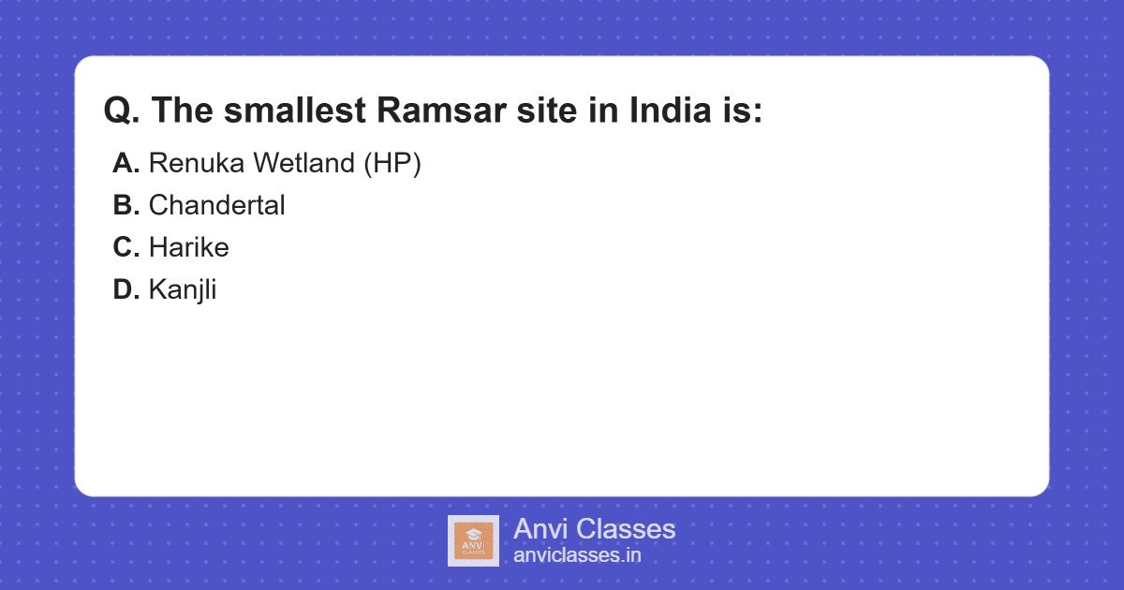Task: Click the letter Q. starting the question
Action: point(122,111)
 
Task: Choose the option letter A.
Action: point(126,163)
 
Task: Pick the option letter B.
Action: point(126,205)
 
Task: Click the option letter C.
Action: point(126,247)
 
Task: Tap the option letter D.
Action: point(126,289)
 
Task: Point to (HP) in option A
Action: point(392,163)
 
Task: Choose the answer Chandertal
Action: point(216,205)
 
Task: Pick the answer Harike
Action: point(188,247)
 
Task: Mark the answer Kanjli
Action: point(183,289)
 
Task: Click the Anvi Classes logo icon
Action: point(473,540)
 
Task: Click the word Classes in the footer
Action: point(625,529)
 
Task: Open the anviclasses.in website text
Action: point(577,555)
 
